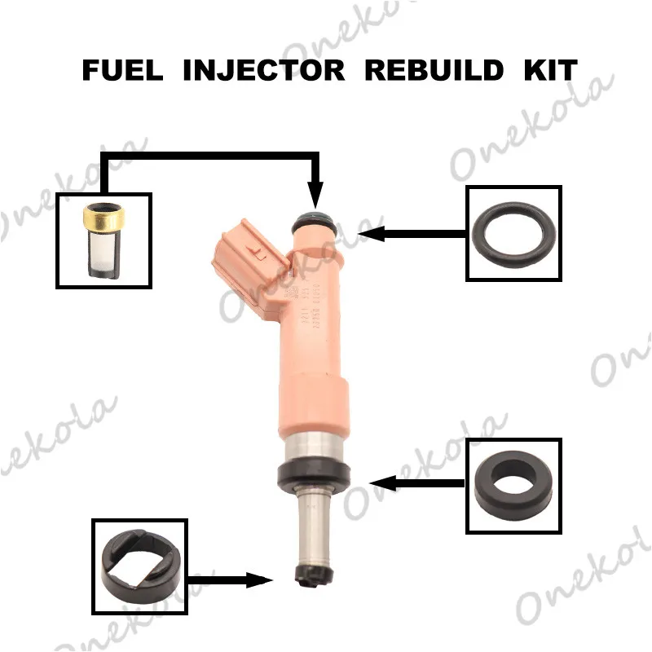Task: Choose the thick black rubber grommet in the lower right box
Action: pyautogui.click(x=513, y=487)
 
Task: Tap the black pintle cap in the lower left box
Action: pyautogui.click(x=139, y=566)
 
